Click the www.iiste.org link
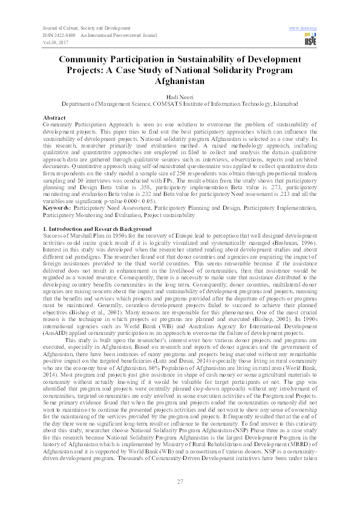tap(304, 28)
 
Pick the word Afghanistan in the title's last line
tap(180, 80)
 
